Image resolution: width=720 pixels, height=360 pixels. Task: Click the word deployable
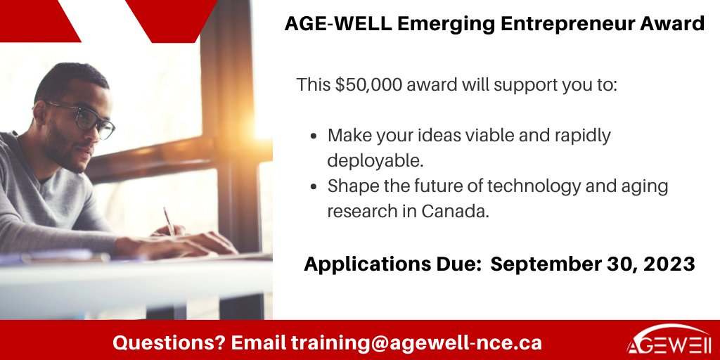tap(375, 160)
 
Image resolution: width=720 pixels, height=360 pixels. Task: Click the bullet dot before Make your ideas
tap(314, 136)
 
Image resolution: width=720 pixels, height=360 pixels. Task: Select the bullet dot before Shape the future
tap(314, 186)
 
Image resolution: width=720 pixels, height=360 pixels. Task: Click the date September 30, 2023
tap(592, 264)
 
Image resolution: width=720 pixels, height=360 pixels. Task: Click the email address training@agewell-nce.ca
tap(416, 343)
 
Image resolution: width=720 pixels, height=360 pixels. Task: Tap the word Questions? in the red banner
tap(169, 343)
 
